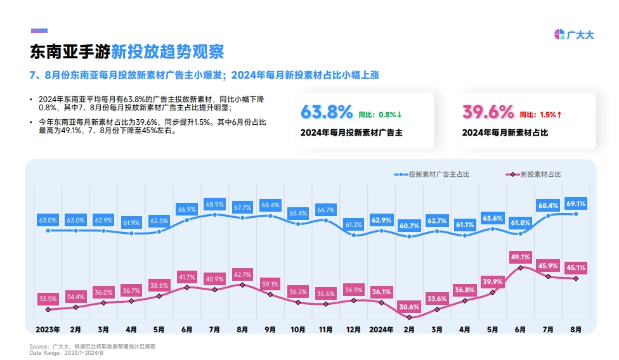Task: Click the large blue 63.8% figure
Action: (326, 112)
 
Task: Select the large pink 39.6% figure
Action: (488, 112)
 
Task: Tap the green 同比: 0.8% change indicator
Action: (381, 115)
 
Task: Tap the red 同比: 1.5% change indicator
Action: (541, 115)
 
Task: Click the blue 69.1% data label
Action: (576, 203)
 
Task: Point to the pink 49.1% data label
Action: (520, 257)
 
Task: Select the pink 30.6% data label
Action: (409, 306)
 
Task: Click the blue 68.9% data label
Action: (214, 204)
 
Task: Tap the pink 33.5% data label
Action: (48, 299)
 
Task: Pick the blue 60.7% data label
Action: (409, 226)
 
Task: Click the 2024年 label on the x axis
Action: (382, 330)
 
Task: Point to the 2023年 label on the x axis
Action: (48, 330)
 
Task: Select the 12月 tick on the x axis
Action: (353, 330)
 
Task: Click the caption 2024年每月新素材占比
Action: (505, 133)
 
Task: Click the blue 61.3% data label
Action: (353, 224)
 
